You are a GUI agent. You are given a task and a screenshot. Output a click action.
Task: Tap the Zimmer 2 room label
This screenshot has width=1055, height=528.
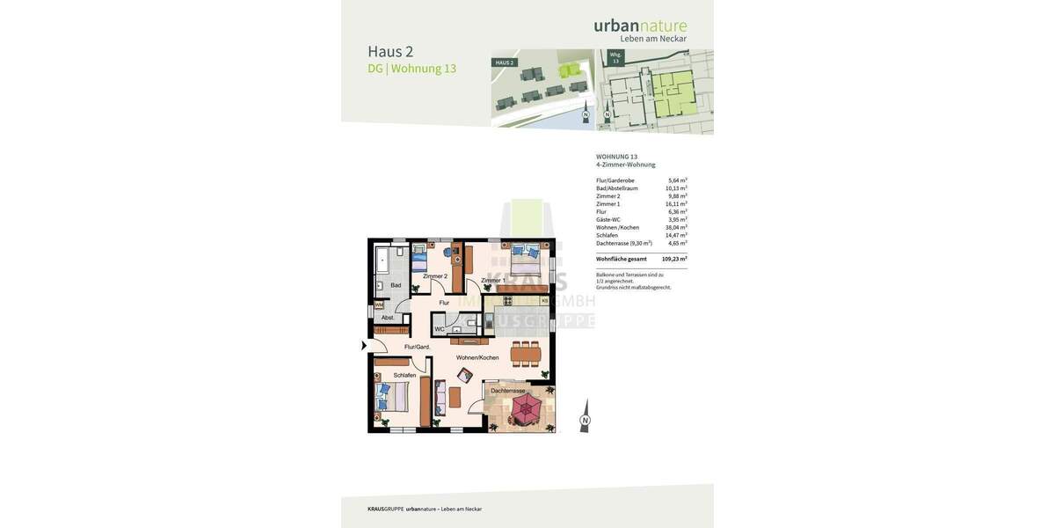point(434,276)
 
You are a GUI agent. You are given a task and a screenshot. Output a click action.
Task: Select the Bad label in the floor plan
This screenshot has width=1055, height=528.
point(396,285)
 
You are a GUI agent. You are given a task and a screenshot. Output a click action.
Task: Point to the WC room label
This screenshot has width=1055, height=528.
point(439,329)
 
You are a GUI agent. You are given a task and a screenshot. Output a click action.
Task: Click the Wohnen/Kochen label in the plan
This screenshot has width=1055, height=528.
point(477,357)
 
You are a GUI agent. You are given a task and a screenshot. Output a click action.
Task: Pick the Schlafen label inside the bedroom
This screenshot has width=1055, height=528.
point(404,375)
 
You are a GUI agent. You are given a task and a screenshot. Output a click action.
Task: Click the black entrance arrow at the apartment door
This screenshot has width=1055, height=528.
point(364,346)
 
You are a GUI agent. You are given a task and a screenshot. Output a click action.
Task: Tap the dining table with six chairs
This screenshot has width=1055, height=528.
point(527,355)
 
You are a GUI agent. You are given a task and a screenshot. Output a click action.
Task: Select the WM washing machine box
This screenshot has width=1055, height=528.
point(379,305)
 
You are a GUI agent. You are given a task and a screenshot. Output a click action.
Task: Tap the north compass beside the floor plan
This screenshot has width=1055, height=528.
point(585,416)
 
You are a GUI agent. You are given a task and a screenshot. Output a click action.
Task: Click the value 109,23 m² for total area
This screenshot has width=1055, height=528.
point(674,259)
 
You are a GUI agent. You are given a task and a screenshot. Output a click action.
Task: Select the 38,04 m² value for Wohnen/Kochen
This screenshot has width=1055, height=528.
point(676,227)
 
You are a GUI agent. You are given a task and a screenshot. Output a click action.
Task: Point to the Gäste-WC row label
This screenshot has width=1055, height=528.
point(608,219)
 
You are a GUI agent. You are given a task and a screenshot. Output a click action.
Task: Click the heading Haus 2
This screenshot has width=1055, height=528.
point(390,51)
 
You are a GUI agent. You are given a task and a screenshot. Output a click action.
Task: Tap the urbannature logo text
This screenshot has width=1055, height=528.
point(640,26)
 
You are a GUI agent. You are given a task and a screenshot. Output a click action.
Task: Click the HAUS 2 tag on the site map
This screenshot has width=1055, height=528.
point(504,62)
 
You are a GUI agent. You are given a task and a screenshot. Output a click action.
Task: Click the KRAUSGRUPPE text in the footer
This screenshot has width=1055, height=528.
point(385,509)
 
